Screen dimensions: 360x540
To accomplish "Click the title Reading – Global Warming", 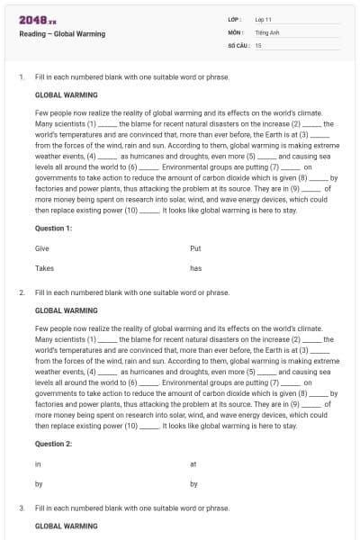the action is [62, 34].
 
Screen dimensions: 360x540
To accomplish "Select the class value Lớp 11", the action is [264, 18].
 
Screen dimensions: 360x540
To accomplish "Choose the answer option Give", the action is [42, 247].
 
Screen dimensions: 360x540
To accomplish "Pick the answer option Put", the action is [195, 247].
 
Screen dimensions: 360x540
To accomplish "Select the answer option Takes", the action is [44, 268].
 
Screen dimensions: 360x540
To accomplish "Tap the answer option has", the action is [195, 268].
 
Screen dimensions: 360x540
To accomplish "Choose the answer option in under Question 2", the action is [38, 463].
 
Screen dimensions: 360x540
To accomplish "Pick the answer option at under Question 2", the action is [193, 463].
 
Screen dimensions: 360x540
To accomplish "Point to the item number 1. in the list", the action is [22, 78].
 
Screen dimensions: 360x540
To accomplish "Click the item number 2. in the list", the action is [22, 292].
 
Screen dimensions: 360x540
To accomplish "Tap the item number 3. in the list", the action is [22, 508].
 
